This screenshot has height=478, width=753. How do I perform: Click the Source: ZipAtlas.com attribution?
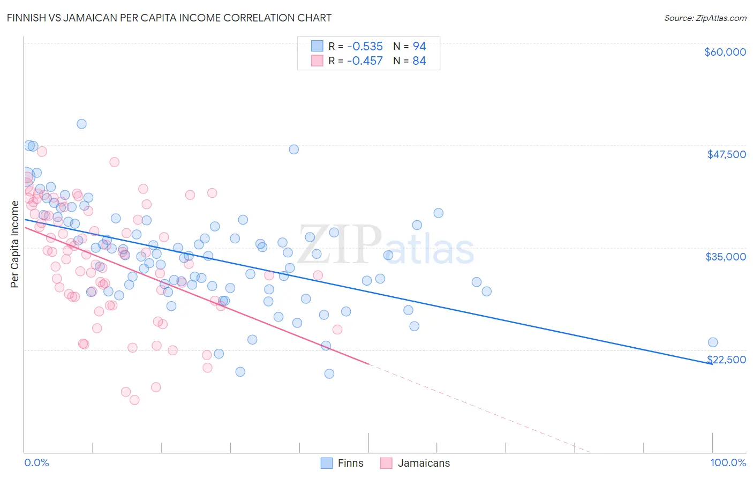pyautogui.click(x=705, y=18)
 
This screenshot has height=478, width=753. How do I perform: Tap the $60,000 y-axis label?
pyautogui.click(x=725, y=52)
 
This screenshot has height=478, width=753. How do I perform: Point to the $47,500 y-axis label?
pyautogui.click(x=726, y=154)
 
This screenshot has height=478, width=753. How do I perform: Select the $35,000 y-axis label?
pyautogui.click(x=725, y=257)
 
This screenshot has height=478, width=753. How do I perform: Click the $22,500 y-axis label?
pyautogui.click(x=726, y=360)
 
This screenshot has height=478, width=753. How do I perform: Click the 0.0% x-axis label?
pyautogui.click(x=36, y=462)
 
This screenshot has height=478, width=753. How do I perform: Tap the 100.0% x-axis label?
pyautogui.click(x=728, y=462)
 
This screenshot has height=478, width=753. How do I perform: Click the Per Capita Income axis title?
pyautogui.click(x=15, y=244)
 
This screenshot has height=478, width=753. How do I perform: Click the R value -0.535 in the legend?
pyautogui.click(x=365, y=47)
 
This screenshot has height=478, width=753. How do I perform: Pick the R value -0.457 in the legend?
pyautogui.click(x=365, y=61)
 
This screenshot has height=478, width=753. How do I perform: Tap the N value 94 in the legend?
pyautogui.click(x=419, y=47)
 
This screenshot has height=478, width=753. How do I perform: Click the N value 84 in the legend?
pyautogui.click(x=419, y=61)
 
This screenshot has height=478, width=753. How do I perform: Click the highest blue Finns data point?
pyautogui.click(x=81, y=124)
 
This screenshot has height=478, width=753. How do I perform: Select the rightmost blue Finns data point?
pyautogui.click(x=712, y=342)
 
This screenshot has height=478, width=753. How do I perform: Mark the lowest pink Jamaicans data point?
pyautogui.click(x=134, y=400)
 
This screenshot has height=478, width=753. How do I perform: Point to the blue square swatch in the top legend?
pyautogui.click(x=318, y=46)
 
